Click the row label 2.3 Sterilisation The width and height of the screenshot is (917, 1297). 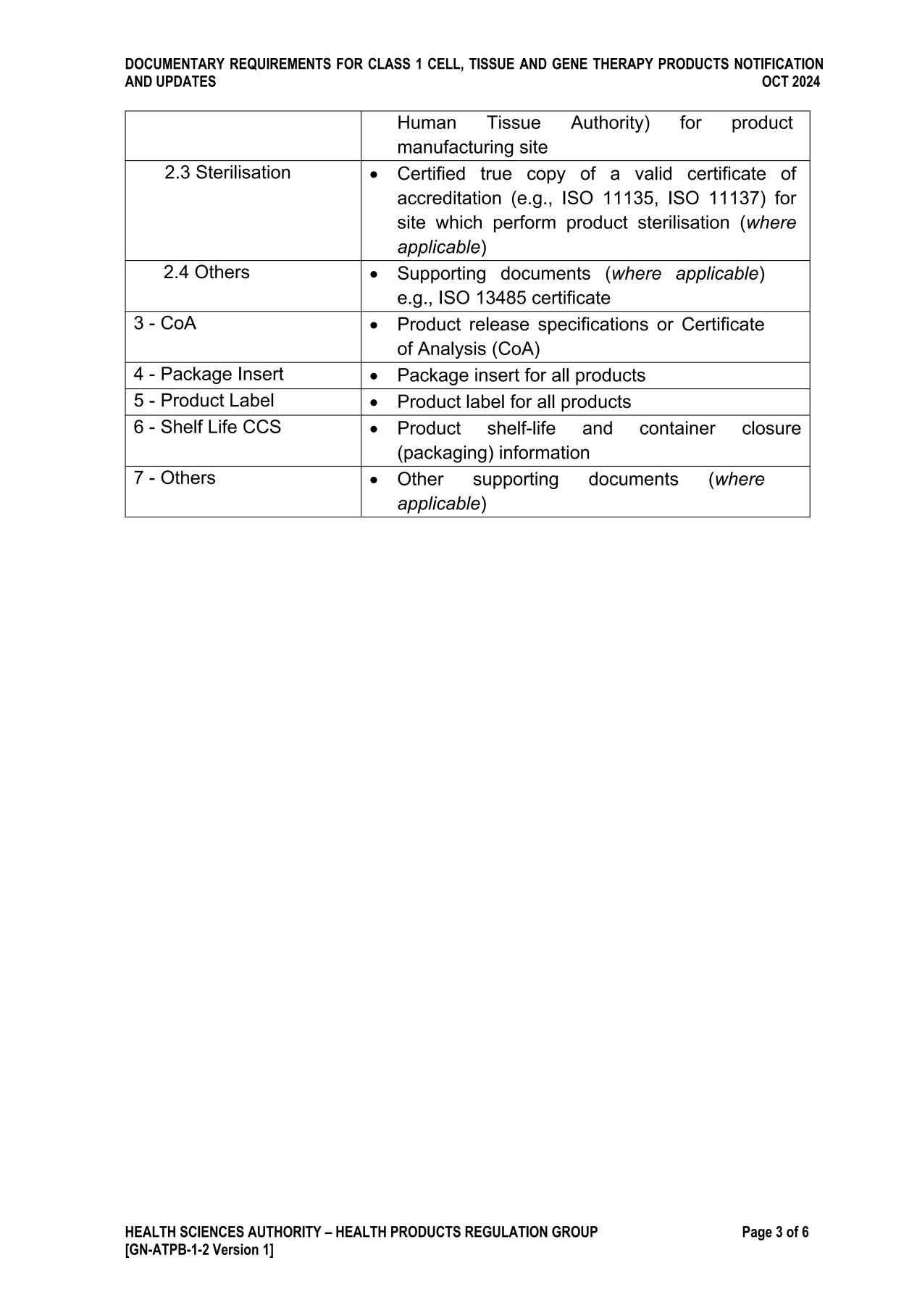[x=227, y=172]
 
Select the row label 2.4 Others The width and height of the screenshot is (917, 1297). [x=206, y=272]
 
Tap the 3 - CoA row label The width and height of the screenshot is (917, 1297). [x=164, y=323]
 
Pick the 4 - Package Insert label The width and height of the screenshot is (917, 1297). [x=208, y=375]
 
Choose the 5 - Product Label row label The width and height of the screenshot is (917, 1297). [x=204, y=401]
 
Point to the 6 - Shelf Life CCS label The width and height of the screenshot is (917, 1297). [x=206, y=428]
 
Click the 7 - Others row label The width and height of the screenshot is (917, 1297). [x=174, y=478]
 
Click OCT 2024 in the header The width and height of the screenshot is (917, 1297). [x=790, y=82]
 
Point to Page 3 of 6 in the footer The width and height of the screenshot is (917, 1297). [x=775, y=1233]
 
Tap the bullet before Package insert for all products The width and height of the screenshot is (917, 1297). [x=374, y=376]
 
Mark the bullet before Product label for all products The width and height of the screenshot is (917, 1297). [x=374, y=402]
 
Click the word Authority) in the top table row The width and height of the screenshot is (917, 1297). [x=610, y=123]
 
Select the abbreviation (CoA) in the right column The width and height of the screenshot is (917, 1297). [x=516, y=349]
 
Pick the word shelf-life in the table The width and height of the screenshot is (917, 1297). [x=521, y=429]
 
